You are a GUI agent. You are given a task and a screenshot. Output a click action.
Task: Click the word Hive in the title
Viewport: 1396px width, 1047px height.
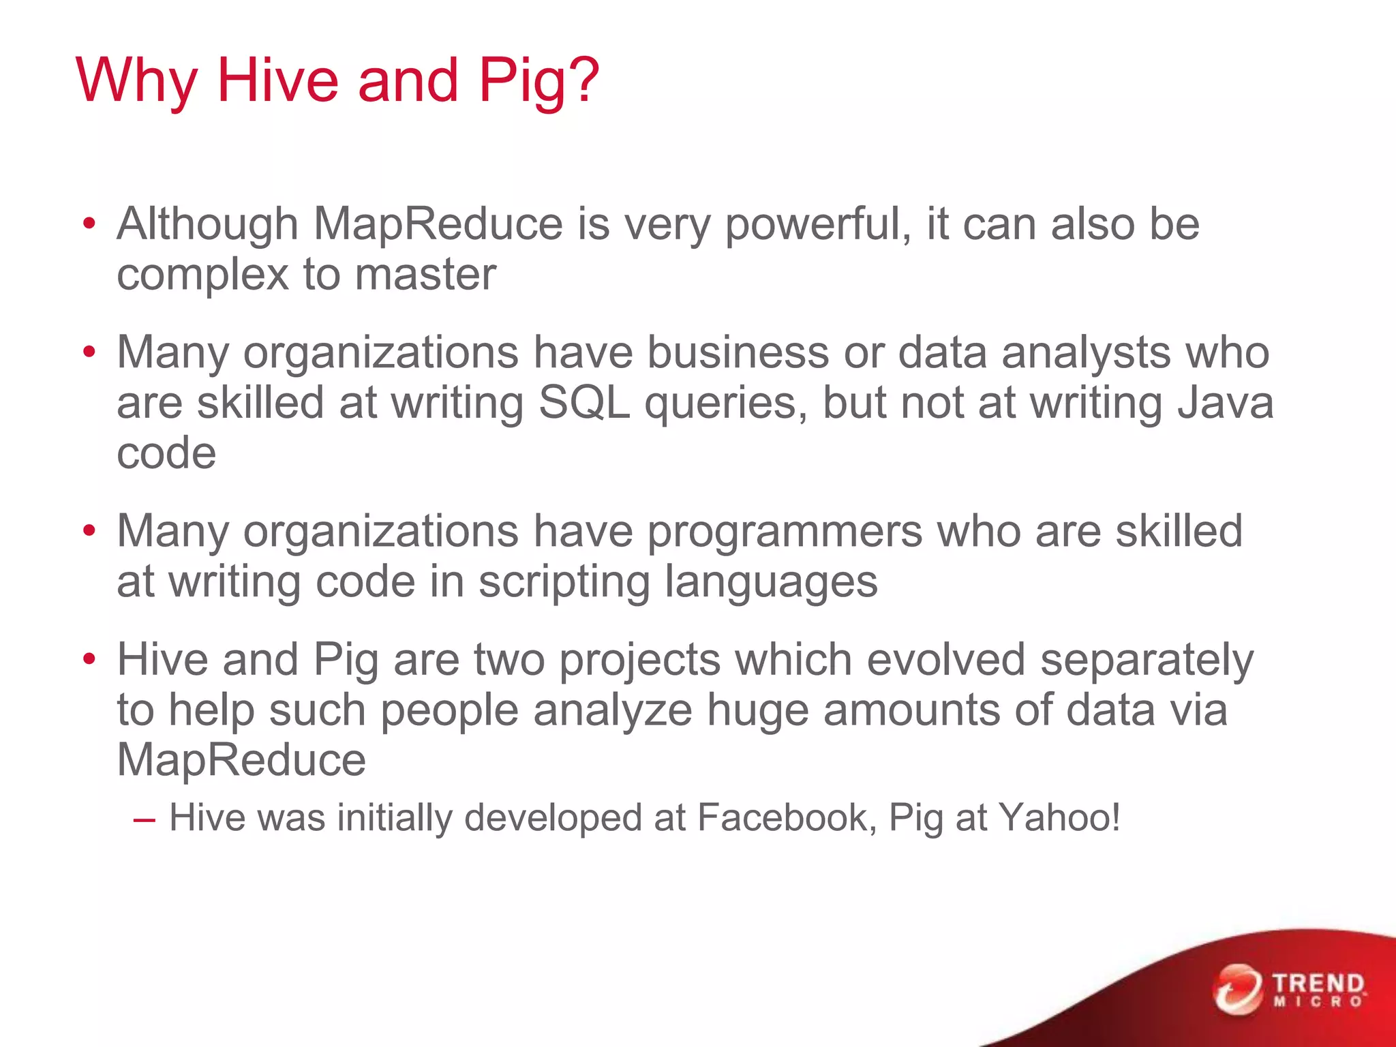click(x=277, y=80)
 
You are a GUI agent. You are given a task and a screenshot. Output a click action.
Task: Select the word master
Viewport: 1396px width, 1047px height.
click(x=425, y=275)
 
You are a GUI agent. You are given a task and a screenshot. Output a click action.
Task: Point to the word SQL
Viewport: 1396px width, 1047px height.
click(x=584, y=403)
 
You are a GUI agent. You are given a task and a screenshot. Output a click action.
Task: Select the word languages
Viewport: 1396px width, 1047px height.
click(x=771, y=583)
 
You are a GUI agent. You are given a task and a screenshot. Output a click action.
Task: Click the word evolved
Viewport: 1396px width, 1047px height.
click(x=945, y=661)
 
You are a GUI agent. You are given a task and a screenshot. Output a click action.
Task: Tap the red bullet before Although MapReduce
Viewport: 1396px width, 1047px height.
click(x=89, y=224)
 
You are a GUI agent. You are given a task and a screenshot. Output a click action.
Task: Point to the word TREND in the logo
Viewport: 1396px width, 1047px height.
click(x=1318, y=984)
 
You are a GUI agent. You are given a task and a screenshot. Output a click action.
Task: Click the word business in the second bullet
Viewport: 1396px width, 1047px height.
click(x=738, y=353)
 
